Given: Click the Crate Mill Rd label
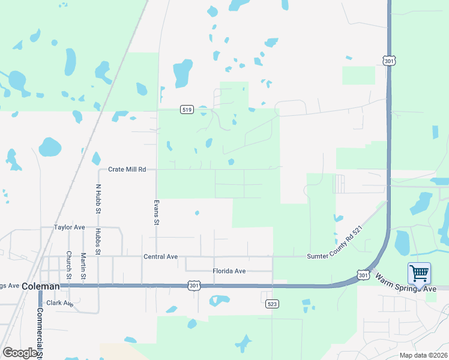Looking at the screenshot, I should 127,170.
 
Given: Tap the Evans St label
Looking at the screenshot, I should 156,212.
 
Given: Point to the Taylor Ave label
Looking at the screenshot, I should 70,228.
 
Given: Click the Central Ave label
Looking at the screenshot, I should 160,257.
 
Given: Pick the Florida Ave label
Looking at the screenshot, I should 229,271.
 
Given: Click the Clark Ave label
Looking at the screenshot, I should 59,304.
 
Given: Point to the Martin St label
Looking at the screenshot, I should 83,265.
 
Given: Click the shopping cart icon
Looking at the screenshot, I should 419,274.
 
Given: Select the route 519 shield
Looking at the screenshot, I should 186,109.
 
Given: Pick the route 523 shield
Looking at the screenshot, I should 272,304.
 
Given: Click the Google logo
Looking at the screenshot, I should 20,353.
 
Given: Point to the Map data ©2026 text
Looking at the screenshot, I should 423,355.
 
